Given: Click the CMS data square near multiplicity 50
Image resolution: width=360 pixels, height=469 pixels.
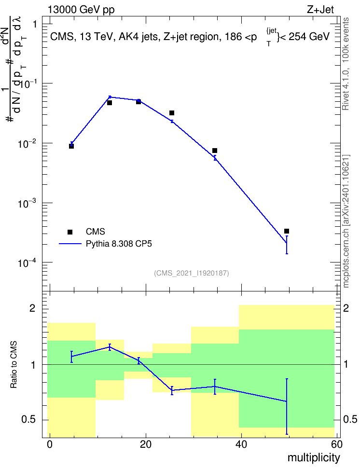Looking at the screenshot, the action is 286,231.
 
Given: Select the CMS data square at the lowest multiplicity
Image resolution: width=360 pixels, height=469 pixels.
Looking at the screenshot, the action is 71,146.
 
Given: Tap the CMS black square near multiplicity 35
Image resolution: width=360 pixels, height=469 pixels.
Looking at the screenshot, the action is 215,151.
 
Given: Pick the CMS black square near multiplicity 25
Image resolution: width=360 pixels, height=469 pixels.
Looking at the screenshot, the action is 172,113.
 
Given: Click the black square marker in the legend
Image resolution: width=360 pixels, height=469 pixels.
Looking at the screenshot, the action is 70,232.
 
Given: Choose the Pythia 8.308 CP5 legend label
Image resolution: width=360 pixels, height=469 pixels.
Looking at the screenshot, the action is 119,244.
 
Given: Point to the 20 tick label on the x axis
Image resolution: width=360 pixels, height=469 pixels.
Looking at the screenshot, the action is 146,444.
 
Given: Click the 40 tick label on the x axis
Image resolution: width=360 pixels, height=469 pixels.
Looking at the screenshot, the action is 241,444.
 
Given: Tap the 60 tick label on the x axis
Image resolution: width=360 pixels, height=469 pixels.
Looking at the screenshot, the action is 337,444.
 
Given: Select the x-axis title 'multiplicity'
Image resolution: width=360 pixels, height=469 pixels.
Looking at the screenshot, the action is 314,458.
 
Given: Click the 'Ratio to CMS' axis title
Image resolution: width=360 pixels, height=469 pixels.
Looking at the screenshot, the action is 14,365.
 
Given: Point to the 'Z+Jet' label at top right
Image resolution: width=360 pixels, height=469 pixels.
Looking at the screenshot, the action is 320,10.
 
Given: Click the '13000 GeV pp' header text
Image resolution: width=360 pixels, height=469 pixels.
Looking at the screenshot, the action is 81,10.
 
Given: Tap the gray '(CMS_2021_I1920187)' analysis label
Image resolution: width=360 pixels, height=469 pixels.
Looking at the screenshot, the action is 192,273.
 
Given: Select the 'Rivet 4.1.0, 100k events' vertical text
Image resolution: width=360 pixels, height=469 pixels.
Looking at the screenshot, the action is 346,64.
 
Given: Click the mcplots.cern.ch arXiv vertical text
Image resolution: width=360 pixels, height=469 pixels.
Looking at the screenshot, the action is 346,221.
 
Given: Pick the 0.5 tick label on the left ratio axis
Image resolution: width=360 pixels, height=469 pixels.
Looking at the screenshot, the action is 28,419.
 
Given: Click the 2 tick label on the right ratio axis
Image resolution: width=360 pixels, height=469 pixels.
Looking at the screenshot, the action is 346,308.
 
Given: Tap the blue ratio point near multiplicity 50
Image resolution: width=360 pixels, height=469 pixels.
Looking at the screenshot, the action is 287,401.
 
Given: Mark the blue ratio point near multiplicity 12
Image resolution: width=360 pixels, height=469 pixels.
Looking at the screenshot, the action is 110,347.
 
